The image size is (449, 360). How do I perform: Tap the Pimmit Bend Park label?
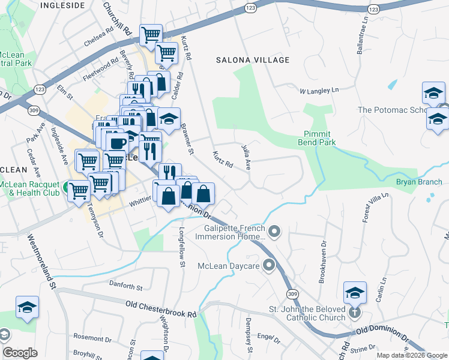click(x=316, y=139)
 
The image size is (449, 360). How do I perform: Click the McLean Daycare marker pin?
click(x=268, y=265)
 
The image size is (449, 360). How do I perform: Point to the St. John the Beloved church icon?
click(x=355, y=312)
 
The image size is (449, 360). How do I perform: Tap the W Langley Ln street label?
click(x=319, y=91)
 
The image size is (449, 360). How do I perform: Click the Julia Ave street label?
click(x=246, y=154)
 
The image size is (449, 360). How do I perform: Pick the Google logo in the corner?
click(x=20, y=353)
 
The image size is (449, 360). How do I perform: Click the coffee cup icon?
click(x=116, y=143)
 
